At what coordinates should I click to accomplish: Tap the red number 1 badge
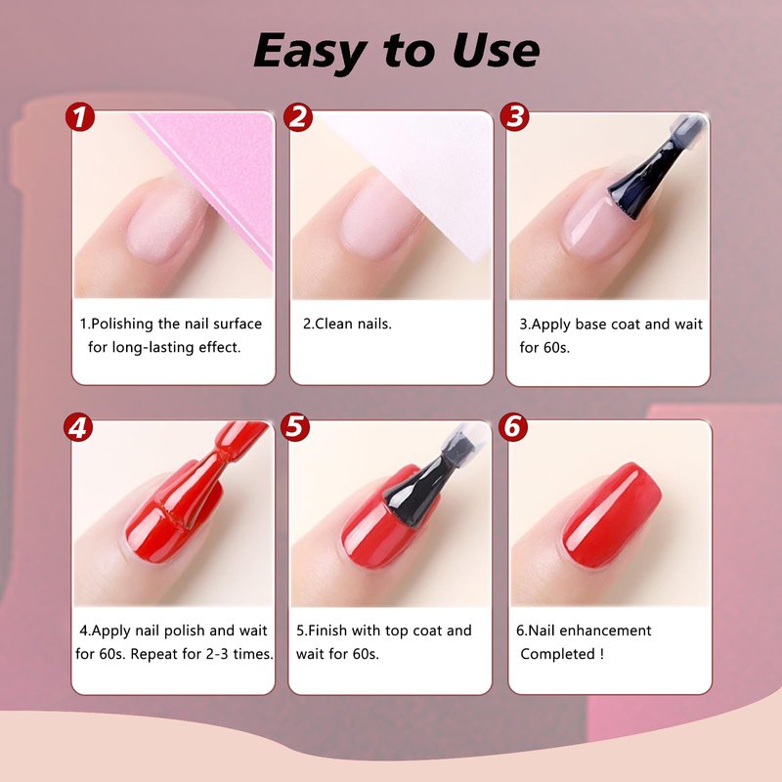[80, 117]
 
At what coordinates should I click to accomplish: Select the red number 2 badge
[298, 117]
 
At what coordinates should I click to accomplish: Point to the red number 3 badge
[515, 116]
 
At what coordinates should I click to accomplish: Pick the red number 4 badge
[78, 427]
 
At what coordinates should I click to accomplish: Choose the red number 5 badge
[295, 427]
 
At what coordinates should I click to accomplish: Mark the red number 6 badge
[513, 427]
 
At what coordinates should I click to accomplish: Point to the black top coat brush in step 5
[429, 479]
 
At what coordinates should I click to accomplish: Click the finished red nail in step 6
[612, 515]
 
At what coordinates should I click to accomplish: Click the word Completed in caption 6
[557, 654]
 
